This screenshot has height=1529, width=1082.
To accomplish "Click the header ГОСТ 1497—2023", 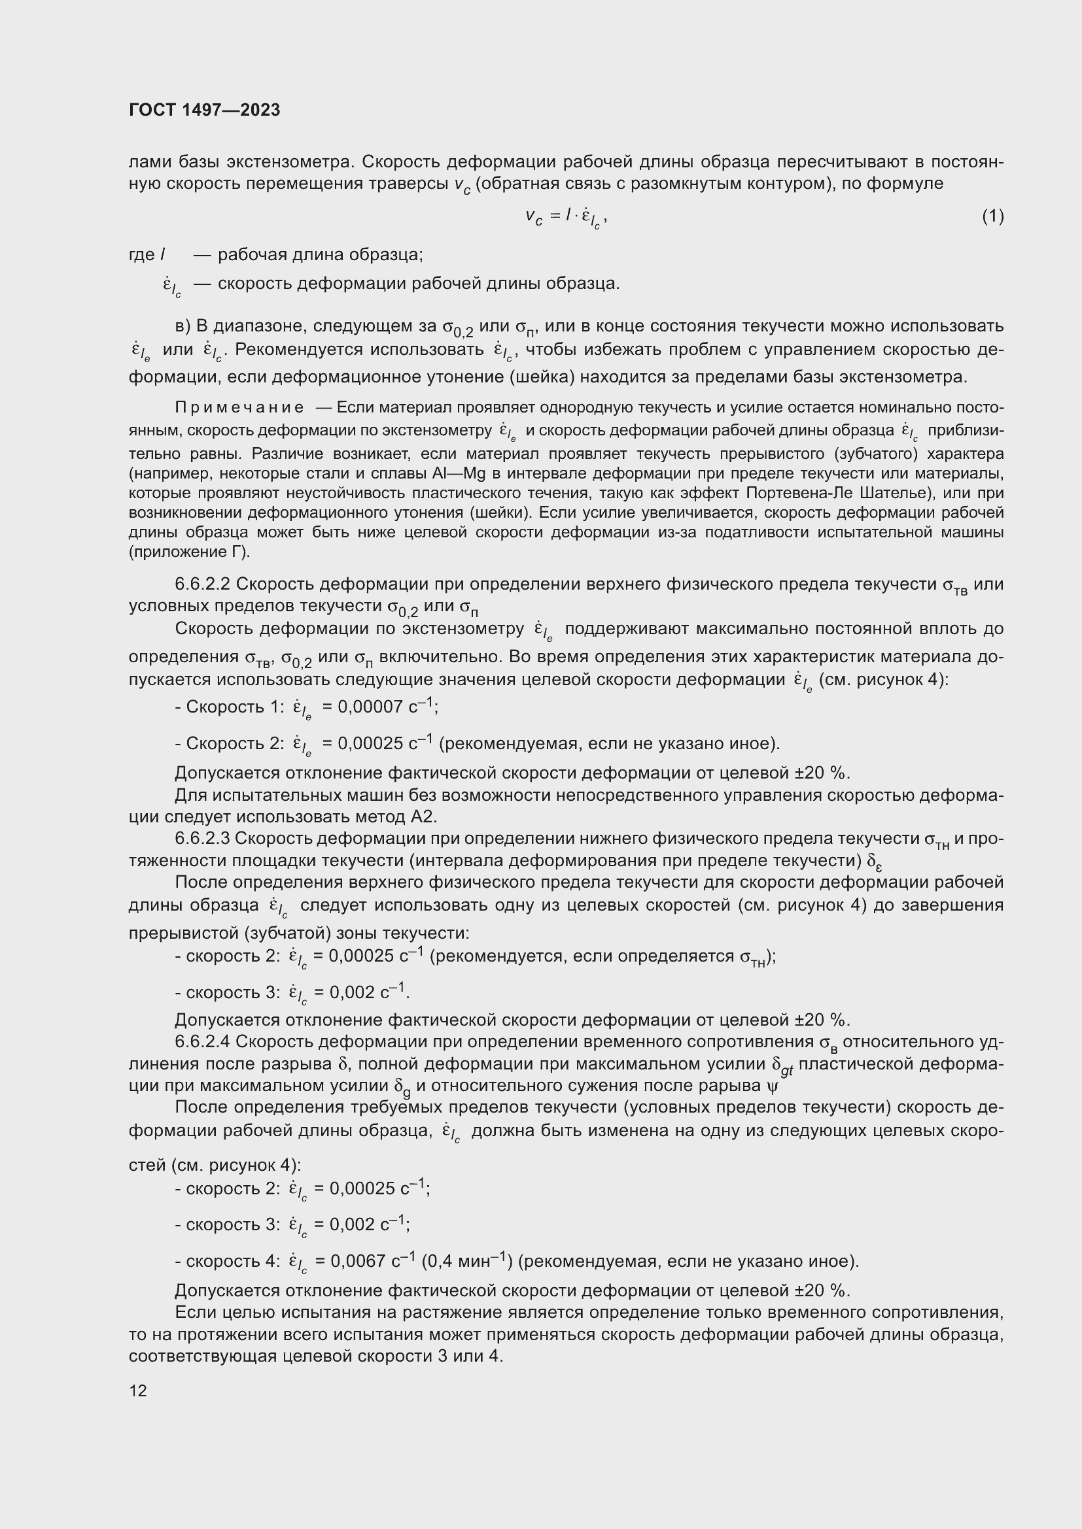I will point(205,110).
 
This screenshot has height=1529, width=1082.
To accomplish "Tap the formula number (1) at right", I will point(992,216).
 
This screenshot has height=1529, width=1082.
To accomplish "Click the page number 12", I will point(138,1390).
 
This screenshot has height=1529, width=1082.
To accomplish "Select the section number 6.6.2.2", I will point(202,584).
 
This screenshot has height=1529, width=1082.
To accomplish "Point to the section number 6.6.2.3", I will point(202,839).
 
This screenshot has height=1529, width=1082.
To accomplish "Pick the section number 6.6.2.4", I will point(202,1041).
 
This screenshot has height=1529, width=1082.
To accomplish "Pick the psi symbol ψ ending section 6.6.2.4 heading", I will point(772,1086).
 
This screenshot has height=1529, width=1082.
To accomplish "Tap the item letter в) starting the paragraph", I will point(183,326).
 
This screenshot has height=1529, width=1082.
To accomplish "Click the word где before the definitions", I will point(141,254).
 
